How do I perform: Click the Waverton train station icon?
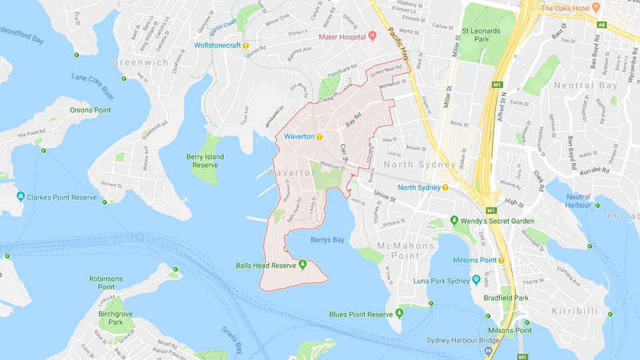pos(319,137)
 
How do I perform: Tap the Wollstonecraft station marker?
pos(246,45)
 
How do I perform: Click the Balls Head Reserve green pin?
pos(302,265)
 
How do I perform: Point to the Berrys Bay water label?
pos(327,240)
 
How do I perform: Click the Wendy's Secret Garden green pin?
pos(454,220)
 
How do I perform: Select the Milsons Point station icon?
pos(501,260)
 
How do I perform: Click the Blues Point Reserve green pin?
pos(399,313)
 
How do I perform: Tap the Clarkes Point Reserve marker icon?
pos(21,197)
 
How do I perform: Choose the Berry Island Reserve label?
pos(205,161)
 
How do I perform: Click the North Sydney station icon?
pos(445,187)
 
